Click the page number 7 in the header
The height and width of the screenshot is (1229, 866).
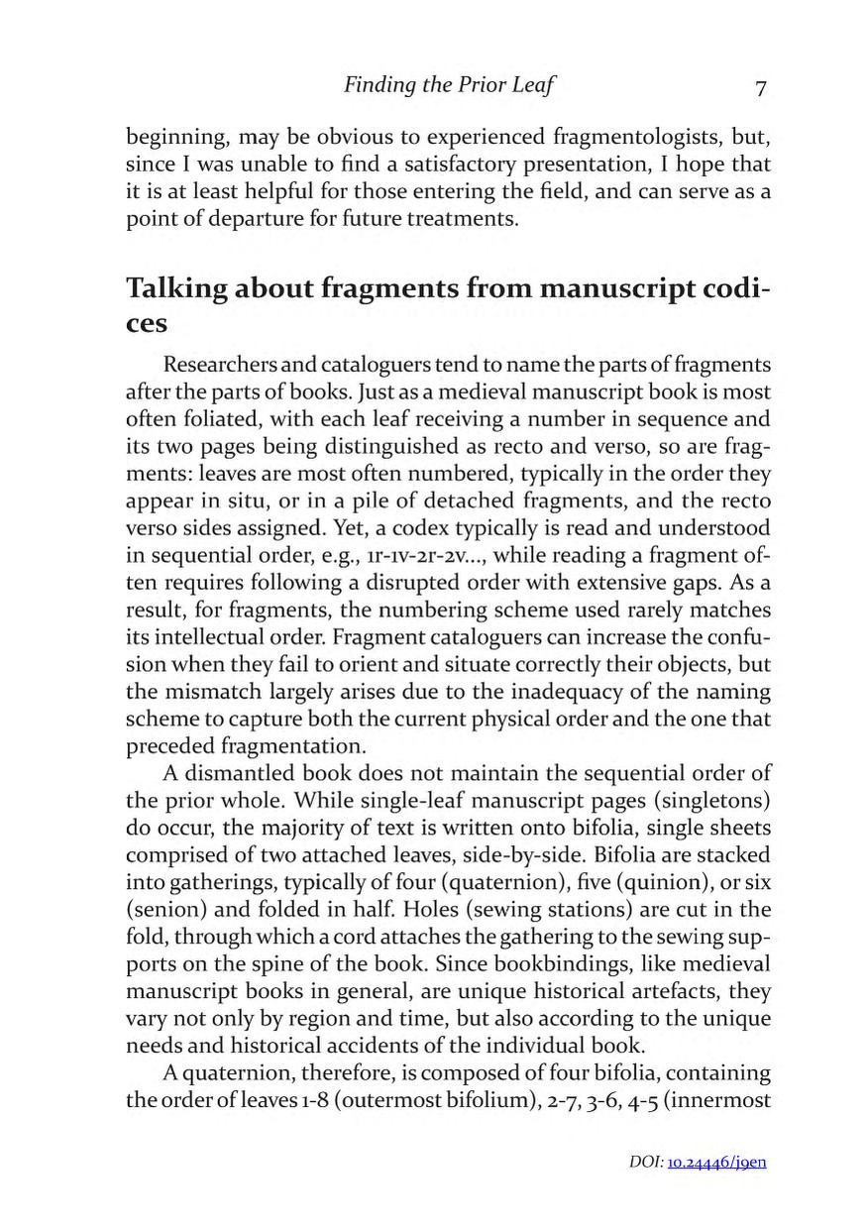point(760,88)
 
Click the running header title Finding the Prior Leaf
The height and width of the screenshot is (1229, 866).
point(449,86)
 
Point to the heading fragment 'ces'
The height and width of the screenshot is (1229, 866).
point(147,324)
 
